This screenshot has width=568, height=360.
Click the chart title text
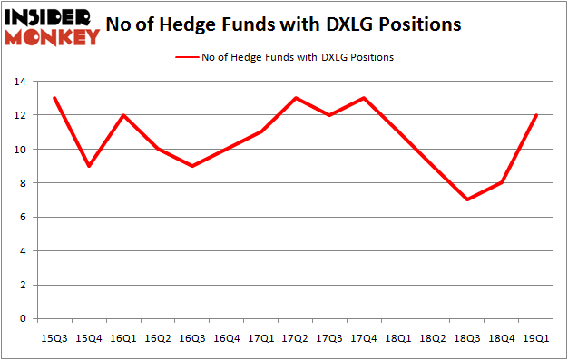(x=283, y=25)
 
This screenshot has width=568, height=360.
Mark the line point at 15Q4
(x=88, y=166)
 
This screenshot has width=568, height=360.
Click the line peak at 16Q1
(x=122, y=115)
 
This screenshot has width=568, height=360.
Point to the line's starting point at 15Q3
(x=54, y=98)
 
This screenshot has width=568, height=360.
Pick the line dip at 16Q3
(x=192, y=166)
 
